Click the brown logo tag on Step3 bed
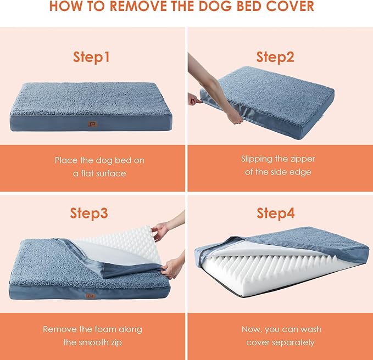[x=89, y=295]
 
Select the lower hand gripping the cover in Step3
[x=172, y=268]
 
